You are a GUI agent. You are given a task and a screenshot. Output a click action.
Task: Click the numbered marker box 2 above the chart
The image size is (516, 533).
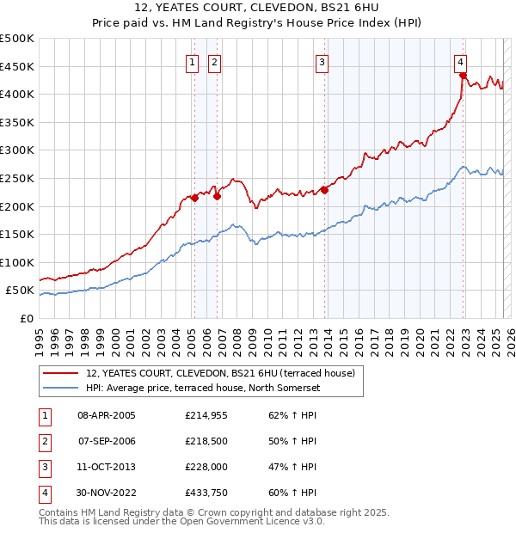pos(213,61)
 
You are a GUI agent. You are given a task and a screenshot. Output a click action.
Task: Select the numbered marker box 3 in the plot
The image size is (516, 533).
pos(321,61)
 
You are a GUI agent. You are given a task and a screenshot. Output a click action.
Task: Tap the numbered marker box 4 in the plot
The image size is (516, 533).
pos(461,61)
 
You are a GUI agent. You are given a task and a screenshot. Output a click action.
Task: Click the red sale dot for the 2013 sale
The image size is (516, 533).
pos(324,190)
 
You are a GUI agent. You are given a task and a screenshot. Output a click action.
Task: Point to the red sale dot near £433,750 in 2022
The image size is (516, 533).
pos(463,75)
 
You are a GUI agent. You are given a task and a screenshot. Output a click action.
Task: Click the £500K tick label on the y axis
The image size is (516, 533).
pos(17,39)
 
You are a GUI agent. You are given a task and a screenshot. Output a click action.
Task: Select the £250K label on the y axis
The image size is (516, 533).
pos(17,178)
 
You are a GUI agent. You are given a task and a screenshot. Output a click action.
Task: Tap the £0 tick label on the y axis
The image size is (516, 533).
pos(25,318)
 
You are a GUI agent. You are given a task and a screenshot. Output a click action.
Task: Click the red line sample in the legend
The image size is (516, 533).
pos(62,373)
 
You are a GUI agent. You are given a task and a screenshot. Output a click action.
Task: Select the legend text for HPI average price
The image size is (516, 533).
pos(202,389)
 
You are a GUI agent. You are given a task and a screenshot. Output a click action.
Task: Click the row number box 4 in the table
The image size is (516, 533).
pos(44,493)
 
